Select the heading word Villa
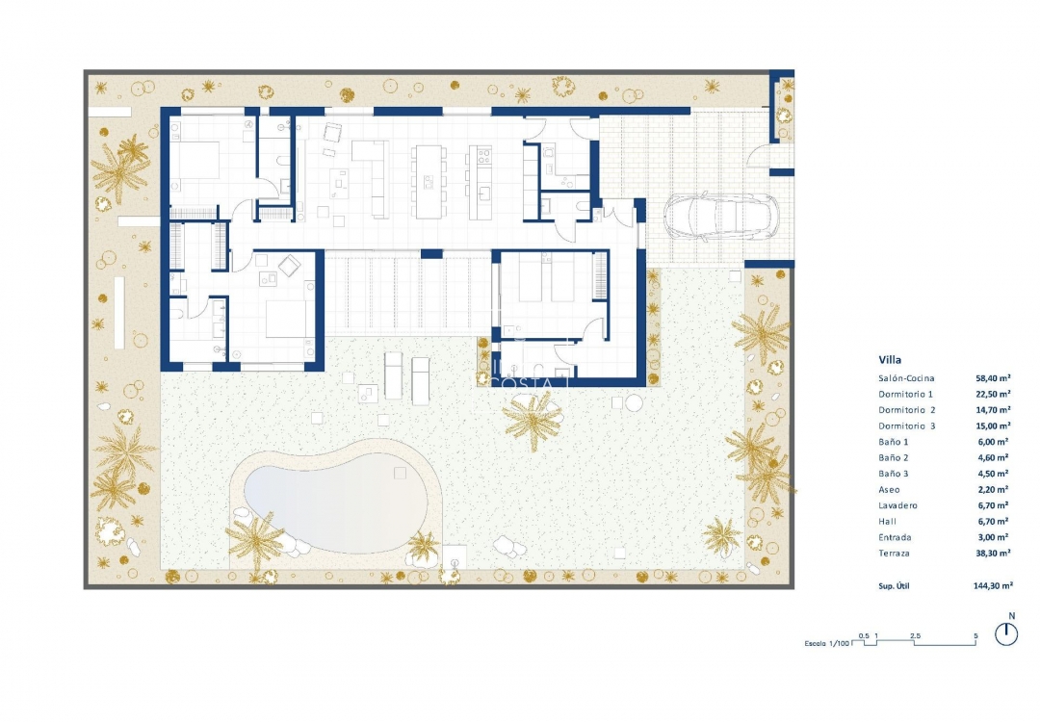pos(890,360)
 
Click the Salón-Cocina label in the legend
pos(906,378)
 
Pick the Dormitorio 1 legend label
pos(906,394)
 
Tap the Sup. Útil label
pos(897,584)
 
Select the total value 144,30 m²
pos(993,584)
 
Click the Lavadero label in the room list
pos(898,505)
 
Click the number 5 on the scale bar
pos(975,636)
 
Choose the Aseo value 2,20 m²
pos(993,490)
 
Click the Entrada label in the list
pos(895,537)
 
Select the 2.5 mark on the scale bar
pos(914,636)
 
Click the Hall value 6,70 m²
pos(993,522)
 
